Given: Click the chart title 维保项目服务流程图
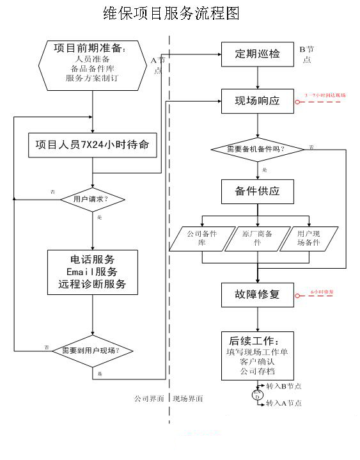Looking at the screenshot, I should pos(171,13).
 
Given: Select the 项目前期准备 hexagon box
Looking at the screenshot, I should pos(93,63).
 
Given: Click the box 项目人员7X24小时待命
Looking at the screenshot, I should pos(93,145).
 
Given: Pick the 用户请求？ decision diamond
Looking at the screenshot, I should pos(93,199).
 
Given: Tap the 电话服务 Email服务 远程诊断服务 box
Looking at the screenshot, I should pos(93,272).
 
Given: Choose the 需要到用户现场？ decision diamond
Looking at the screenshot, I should pos(93,351).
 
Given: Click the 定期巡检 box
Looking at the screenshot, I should pos(258,54).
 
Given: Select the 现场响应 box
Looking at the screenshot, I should pos(258,100).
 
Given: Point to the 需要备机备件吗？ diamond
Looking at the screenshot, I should pos(258,149).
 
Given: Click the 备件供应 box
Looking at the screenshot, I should pos(258,191).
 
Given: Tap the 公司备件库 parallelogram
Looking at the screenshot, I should pos(202,239).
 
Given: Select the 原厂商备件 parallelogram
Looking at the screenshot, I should pos(258,239).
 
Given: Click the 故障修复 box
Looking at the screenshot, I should pos(258,295).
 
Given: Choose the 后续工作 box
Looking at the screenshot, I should pos(258,355).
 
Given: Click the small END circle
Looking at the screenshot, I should pos(258,395).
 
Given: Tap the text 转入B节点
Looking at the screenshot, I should pos(284,386).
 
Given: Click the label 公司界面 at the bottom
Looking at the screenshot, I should pos(150,399).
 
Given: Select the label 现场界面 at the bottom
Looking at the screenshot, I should pos(188,399).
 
